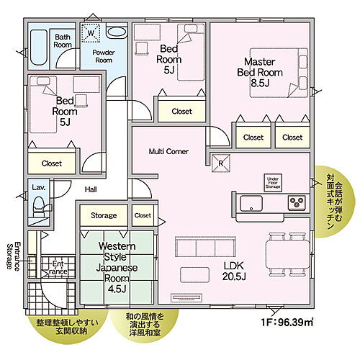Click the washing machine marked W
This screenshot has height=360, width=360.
(91, 32)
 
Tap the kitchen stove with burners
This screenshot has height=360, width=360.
(297, 202)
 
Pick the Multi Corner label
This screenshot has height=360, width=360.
(168, 153)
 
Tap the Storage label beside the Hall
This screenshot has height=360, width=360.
(103, 215)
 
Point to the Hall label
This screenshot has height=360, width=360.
(89, 189)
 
